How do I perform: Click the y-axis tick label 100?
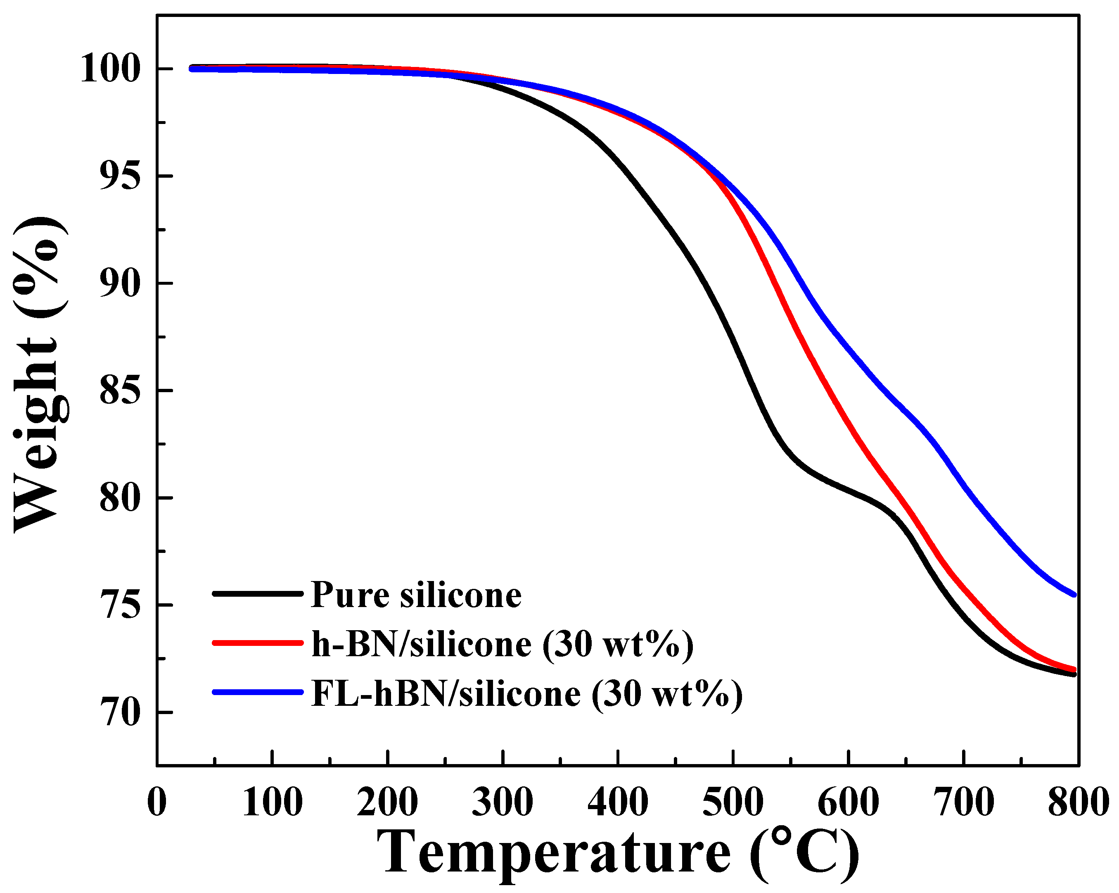111,69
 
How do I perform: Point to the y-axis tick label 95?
119,177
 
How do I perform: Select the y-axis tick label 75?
119,606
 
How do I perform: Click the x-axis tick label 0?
157,803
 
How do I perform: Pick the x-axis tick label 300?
503,803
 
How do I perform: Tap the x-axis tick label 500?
733,803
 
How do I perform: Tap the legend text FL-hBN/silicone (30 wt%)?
527,694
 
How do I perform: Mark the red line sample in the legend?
257,643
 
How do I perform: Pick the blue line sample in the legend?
257,692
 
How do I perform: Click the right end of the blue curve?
1074,595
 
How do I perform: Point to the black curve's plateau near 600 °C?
849,491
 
